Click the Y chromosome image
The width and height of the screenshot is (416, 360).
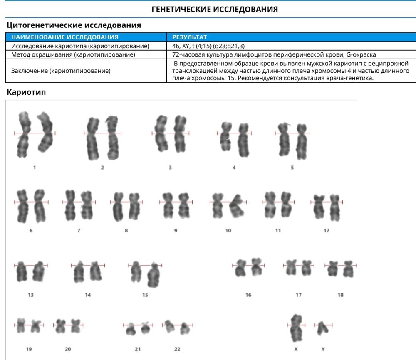(x=323, y=328)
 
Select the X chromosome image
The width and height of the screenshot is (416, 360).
(x=296, y=328)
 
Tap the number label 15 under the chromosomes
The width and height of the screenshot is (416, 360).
(x=145, y=295)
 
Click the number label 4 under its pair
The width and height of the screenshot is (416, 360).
(x=234, y=168)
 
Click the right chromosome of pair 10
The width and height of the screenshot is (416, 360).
(x=237, y=206)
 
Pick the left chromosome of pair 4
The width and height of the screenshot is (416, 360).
(x=226, y=136)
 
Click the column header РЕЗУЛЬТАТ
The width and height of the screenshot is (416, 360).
(x=189, y=37)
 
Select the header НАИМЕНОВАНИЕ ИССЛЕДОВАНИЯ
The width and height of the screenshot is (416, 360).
(x=65, y=37)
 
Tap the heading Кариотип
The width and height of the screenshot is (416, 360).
(x=26, y=92)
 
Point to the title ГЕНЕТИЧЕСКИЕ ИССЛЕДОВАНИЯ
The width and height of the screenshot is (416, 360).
(x=215, y=9)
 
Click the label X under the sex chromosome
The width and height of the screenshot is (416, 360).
(x=296, y=349)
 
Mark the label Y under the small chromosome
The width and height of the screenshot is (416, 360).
(x=323, y=349)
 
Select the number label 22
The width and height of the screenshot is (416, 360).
(x=177, y=349)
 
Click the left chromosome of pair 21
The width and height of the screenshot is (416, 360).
(x=131, y=329)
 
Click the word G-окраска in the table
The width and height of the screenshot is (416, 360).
(x=361, y=54)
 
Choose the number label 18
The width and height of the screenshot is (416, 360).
(x=340, y=295)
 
